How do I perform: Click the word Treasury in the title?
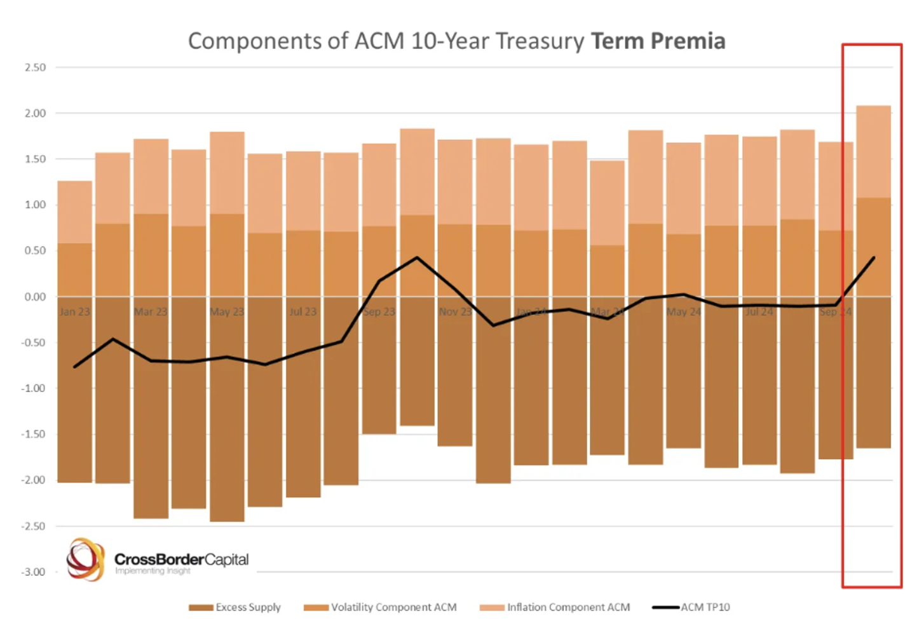click(x=540, y=41)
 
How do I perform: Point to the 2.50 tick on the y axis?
click(x=36, y=67)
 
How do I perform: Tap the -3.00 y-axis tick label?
click(x=34, y=572)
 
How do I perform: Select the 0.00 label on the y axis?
click(x=36, y=297)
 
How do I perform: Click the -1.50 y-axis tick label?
click(x=34, y=434)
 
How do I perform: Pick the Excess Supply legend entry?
click(x=248, y=608)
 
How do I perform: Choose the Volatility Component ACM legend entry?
click(x=393, y=608)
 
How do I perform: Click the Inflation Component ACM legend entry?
click(x=568, y=608)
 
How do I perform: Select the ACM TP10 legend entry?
click(x=705, y=608)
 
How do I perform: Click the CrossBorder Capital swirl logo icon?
click(x=85, y=559)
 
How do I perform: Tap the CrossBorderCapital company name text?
click(x=181, y=560)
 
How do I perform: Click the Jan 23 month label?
click(x=75, y=312)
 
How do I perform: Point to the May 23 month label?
click(x=227, y=312)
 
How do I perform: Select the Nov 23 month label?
click(x=455, y=312)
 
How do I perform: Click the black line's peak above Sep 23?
click(x=417, y=257)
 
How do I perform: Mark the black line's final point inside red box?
click(x=874, y=258)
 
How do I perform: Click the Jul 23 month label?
click(x=303, y=312)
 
